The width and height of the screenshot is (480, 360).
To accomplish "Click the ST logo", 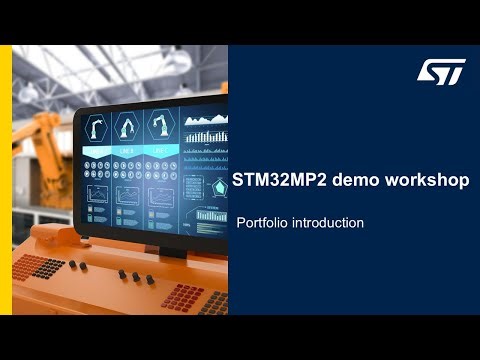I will click(x=440, y=72).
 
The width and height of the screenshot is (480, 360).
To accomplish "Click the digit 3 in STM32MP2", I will click(x=267, y=181).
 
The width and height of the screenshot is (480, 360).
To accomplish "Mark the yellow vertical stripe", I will click(x=5, y=180).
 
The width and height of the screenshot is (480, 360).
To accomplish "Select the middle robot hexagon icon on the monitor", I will click(x=127, y=127).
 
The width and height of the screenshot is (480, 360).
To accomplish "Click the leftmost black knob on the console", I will click(x=71, y=265).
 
